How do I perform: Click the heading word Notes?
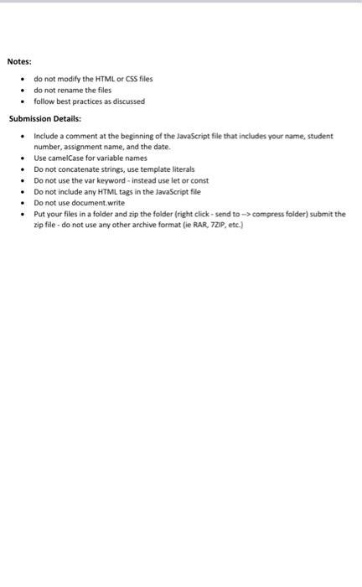(19, 61)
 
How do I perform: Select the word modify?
(64, 79)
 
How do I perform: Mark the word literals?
(178, 169)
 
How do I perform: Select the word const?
(198, 180)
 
